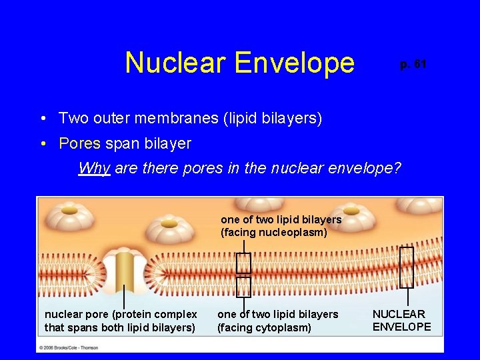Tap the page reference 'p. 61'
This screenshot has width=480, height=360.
[413, 65]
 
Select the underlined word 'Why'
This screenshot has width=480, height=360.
[94, 168]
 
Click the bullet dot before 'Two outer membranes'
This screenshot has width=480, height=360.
[42, 119]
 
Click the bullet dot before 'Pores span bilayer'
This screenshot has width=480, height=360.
[42, 143]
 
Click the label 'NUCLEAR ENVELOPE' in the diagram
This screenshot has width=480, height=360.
[401, 320]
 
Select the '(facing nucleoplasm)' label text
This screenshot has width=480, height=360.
[274, 233]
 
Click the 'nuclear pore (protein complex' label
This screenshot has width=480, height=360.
[121, 314]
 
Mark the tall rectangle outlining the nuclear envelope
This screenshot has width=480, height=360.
[407, 267]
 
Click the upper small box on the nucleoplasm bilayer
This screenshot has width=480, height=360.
[244, 263]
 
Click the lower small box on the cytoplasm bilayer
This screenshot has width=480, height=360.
[244, 287]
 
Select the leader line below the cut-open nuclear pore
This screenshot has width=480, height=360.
[125, 299]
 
